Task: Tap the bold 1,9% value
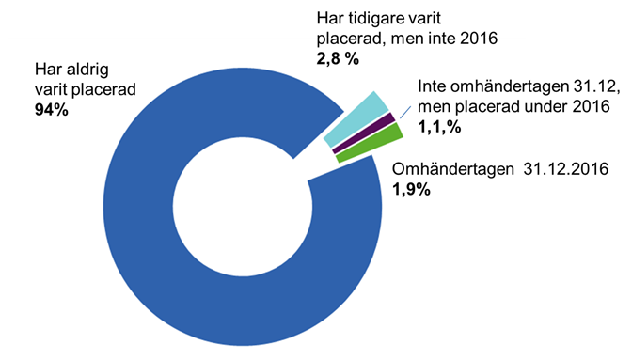click(x=410, y=189)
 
